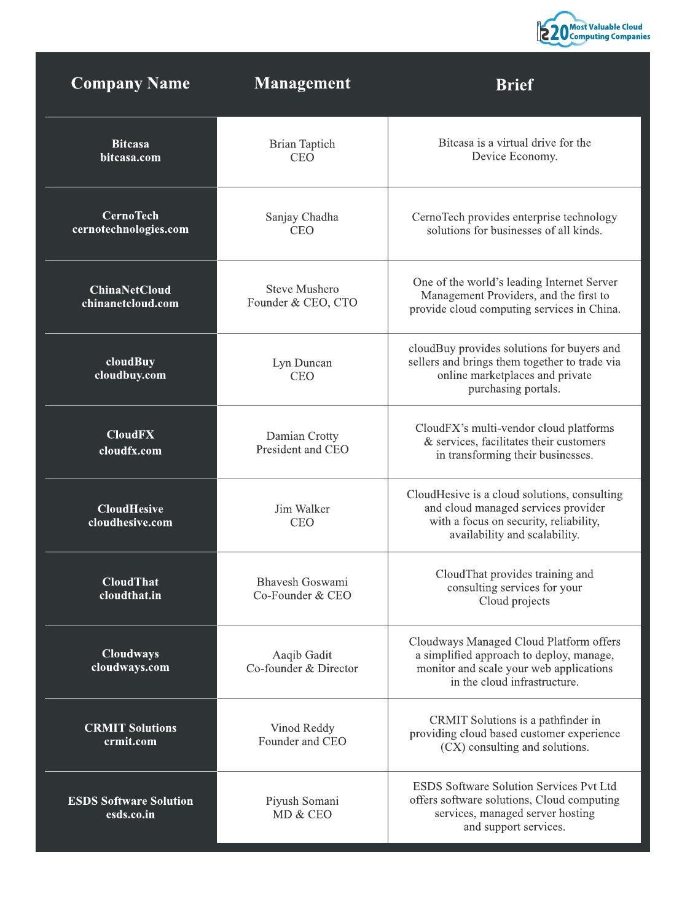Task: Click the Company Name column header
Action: tap(130, 84)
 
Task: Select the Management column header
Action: tap(302, 84)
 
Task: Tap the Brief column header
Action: tap(514, 85)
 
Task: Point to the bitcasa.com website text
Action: tap(130, 157)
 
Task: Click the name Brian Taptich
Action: tap(302, 144)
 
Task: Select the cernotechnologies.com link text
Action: tap(130, 229)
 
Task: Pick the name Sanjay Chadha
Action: tap(302, 217)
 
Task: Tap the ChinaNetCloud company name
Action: tap(130, 290)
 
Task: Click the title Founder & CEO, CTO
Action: tap(302, 302)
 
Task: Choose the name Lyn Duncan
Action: tap(302, 363)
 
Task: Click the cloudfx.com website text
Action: tap(130, 450)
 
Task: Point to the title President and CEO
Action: tap(302, 449)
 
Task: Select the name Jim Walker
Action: tap(302, 509)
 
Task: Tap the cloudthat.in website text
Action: tap(130, 595)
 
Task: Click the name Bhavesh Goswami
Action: tap(302, 582)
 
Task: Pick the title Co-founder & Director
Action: tap(302, 668)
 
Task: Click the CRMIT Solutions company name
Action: tap(130, 728)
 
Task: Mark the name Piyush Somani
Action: tap(302, 801)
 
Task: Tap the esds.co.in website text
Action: tap(130, 815)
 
